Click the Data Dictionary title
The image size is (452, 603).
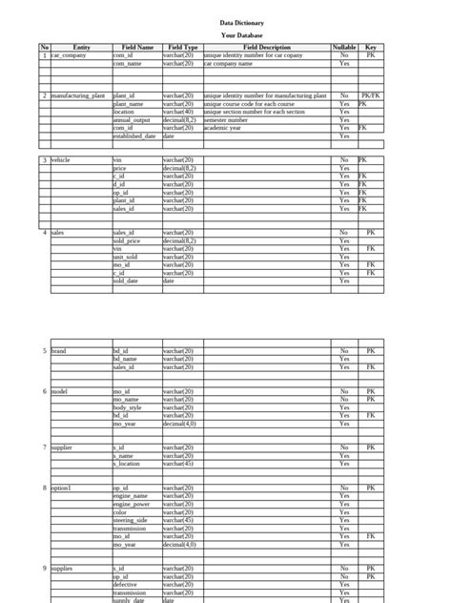[x=240, y=22]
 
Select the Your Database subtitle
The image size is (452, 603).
[x=240, y=34]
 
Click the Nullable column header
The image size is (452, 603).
[x=344, y=47]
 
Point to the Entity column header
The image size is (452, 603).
[x=81, y=47]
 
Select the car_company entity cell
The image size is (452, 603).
[x=69, y=55]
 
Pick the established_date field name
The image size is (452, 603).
[x=134, y=136]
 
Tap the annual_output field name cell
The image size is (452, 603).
[x=132, y=120]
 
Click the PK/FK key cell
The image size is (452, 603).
[x=370, y=96]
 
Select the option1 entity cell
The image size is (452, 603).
[x=61, y=488]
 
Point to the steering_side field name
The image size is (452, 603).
[x=130, y=520]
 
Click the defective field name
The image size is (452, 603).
[x=125, y=584]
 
